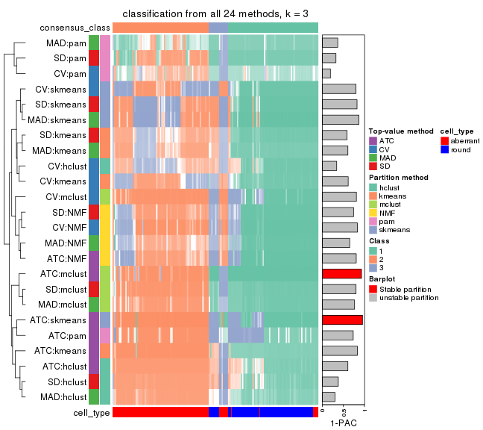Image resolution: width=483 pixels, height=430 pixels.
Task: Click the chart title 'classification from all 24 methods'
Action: [215, 14]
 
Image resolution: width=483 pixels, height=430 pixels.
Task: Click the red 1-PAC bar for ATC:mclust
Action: [341, 273]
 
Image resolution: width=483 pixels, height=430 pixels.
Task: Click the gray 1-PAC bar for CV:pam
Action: [326, 73]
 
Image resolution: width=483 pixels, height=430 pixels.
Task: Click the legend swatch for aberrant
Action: [445, 140]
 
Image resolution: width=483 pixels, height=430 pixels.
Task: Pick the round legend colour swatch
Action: [445, 149]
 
